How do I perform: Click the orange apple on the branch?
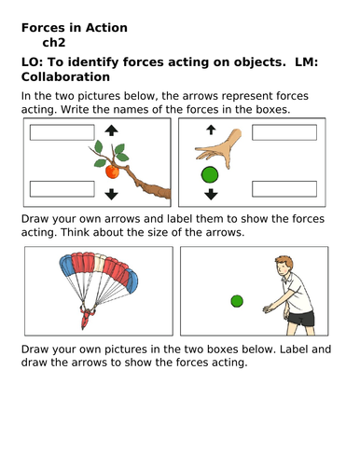(x=112, y=171)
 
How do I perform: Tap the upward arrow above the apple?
(x=111, y=130)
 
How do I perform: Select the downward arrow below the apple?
(x=111, y=194)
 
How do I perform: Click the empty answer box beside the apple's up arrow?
(x=62, y=132)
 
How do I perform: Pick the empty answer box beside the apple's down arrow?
(x=62, y=189)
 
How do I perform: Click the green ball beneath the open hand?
(x=210, y=174)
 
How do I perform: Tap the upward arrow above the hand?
(x=211, y=130)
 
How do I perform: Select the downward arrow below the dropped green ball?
(x=211, y=194)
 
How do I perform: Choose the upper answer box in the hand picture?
(x=284, y=132)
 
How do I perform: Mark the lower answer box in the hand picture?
(x=284, y=189)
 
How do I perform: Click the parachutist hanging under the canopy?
(x=87, y=317)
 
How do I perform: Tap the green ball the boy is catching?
(x=237, y=301)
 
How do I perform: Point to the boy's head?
(x=284, y=265)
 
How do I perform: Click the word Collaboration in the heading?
(x=65, y=76)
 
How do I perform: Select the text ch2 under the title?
(x=54, y=43)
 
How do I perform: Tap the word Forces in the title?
(x=43, y=28)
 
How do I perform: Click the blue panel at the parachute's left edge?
(x=67, y=265)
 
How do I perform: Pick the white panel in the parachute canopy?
(x=100, y=263)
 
